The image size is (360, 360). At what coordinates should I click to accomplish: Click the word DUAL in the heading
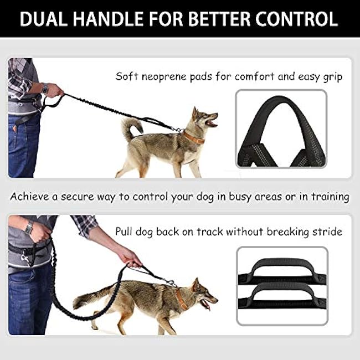44,19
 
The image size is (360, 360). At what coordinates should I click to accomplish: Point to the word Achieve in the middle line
29,197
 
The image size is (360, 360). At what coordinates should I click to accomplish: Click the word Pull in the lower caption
124,231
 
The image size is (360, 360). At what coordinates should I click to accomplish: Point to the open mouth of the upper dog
212,122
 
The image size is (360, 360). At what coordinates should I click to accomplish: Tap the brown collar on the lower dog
181,299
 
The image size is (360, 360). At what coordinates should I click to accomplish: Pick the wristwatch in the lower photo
29,228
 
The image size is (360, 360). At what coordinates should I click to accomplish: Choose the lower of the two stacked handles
282,296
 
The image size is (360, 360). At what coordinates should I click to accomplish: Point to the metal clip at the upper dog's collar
178,130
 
